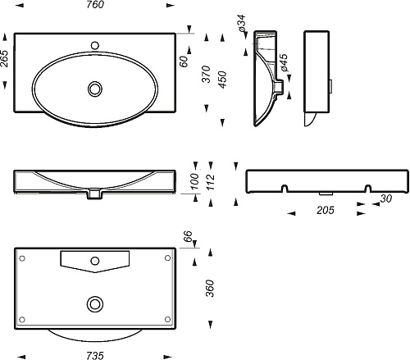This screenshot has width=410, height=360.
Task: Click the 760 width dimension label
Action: click(95, 5)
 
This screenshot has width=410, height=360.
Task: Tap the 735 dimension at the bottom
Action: click(95, 356)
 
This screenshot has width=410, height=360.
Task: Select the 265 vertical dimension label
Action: click(5, 58)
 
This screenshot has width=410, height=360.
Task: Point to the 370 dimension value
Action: click(207, 74)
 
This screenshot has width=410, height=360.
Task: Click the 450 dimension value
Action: click(223, 80)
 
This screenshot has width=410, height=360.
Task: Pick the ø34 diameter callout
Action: click(242, 23)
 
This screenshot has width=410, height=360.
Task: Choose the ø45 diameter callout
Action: click(284, 62)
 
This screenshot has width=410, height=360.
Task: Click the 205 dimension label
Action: click(326, 210)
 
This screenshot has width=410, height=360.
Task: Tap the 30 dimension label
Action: click(386, 198)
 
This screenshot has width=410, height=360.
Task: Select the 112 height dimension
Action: click(211, 182)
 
